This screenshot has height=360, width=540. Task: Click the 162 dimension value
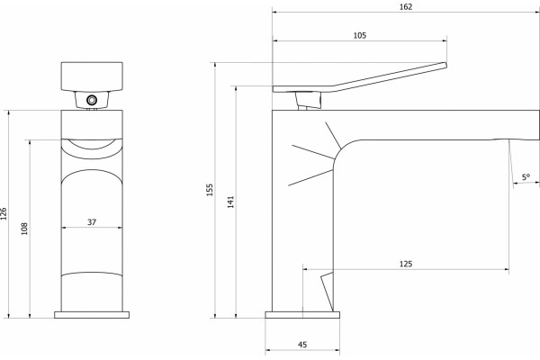click(x=406, y=7)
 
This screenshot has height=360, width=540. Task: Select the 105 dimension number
click(x=360, y=35)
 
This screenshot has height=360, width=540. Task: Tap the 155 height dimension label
click(x=210, y=190)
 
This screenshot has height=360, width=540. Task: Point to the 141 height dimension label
click(x=230, y=202)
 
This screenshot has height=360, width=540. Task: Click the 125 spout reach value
click(x=406, y=264)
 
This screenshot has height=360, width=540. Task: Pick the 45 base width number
click(x=302, y=345)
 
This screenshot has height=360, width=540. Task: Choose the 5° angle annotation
click(x=526, y=177)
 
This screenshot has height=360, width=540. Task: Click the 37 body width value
click(x=92, y=222)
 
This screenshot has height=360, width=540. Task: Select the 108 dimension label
click(x=24, y=229)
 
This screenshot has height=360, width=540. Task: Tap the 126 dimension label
click(x=4, y=214)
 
